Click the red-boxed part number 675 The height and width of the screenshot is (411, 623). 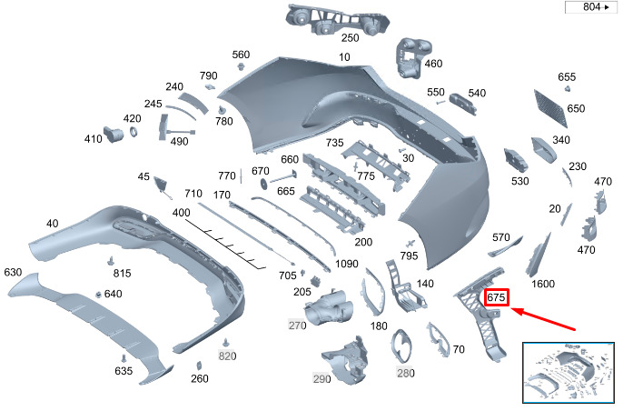pyautogui.click(x=496, y=297)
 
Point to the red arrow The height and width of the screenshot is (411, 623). pyautogui.click(x=542, y=318)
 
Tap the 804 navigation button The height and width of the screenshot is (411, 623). pyautogui.click(x=591, y=7)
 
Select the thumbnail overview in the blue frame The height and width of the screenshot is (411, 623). pyautogui.click(x=568, y=372)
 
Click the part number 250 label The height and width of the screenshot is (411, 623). pyautogui.click(x=350, y=38)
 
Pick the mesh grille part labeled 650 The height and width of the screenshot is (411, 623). pyautogui.click(x=550, y=108)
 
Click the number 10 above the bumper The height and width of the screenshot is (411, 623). pyautogui.click(x=344, y=57)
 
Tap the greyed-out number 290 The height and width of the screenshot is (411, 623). pyautogui.click(x=321, y=379)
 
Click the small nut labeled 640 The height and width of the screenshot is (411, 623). pyautogui.click(x=98, y=295)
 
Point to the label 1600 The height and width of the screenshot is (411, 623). pyautogui.click(x=543, y=284)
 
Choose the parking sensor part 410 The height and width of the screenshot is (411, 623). pyautogui.click(x=113, y=134)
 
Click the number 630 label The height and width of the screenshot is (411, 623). pyautogui.click(x=13, y=272)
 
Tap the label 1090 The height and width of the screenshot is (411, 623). pyautogui.click(x=347, y=264)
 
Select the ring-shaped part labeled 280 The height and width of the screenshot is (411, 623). pyautogui.click(x=400, y=346)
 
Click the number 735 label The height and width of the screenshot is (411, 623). pyautogui.click(x=334, y=143)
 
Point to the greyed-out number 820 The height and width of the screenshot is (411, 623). pyautogui.click(x=227, y=356)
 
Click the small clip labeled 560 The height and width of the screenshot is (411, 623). pyautogui.click(x=240, y=66)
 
